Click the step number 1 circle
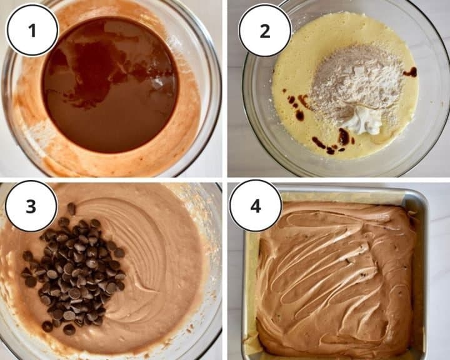pyautogui.click(x=32, y=30)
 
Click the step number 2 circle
pyautogui.click(x=265, y=31)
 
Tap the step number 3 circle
pyautogui.click(x=31, y=206)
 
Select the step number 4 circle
pyautogui.click(x=255, y=206)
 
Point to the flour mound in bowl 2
pyautogui.click(x=356, y=83)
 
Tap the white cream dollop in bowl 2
pyautogui.click(x=362, y=122)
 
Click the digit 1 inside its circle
pyautogui.click(x=32, y=31)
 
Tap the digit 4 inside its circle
pyautogui.click(x=256, y=206)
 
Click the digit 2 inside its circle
pyautogui.click(x=265, y=31)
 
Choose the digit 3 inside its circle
pyautogui.click(x=31, y=207)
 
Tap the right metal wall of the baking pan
pyautogui.click(x=421, y=276)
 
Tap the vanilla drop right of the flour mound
pyautogui.click(x=410, y=72)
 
